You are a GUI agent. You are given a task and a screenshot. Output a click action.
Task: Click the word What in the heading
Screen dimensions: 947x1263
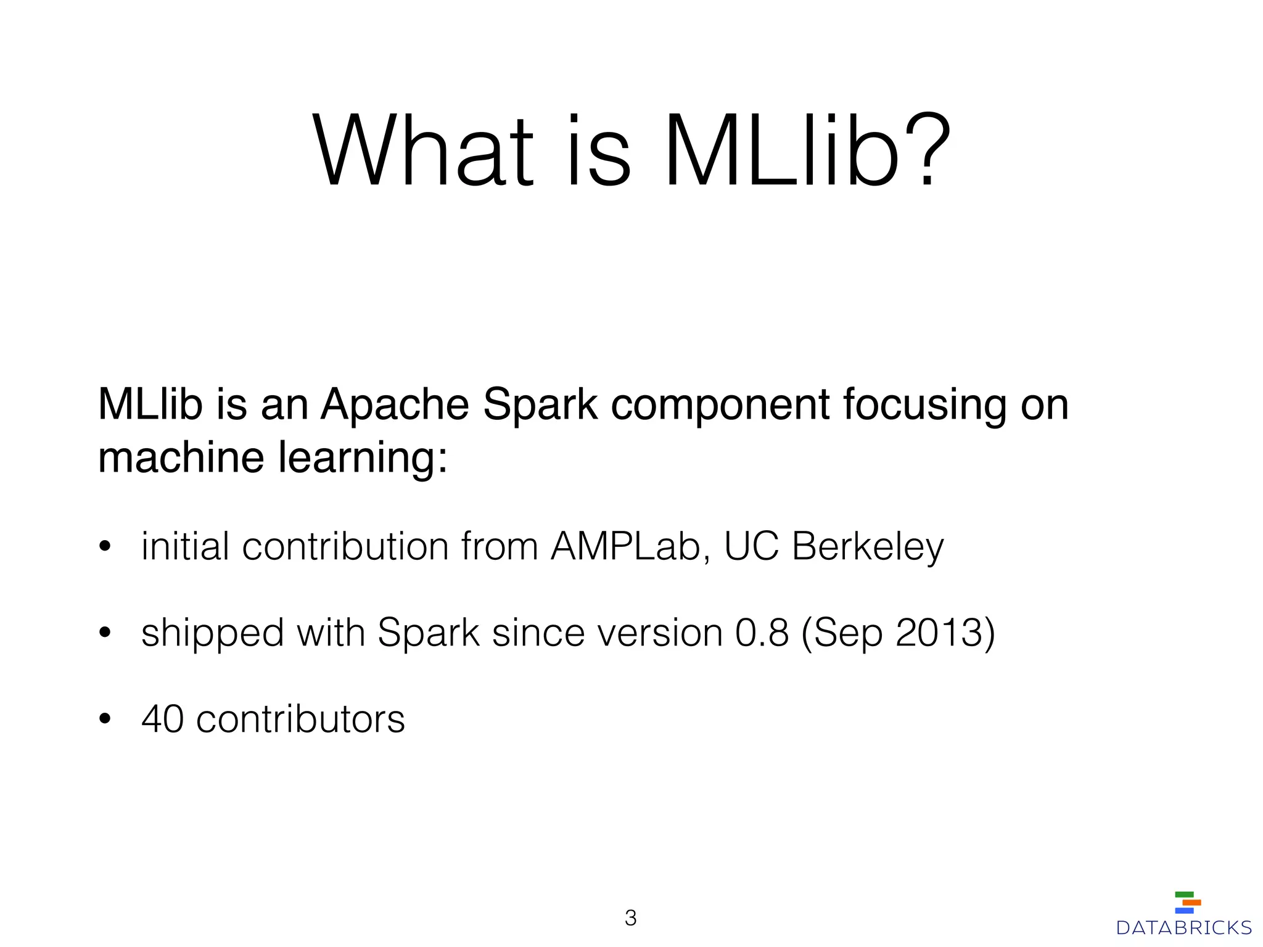[423, 150]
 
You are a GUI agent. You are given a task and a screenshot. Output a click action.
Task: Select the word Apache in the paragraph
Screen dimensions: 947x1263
[395, 405]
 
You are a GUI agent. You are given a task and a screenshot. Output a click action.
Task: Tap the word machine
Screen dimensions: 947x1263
[182, 457]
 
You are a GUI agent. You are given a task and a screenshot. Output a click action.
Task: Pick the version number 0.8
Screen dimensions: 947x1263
[762, 633]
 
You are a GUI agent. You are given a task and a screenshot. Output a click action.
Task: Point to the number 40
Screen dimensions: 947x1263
[163, 719]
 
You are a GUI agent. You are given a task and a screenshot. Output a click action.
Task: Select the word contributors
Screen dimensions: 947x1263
[300, 719]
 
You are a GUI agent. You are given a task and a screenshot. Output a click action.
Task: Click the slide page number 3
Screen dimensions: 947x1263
[630, 918]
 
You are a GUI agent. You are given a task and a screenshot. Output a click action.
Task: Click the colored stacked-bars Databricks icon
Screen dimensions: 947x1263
[1187, 902]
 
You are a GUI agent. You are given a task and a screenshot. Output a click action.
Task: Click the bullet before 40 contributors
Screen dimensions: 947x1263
[105, 719]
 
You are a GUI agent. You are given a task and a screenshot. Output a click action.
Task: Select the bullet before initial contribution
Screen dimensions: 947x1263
[105, 546]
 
